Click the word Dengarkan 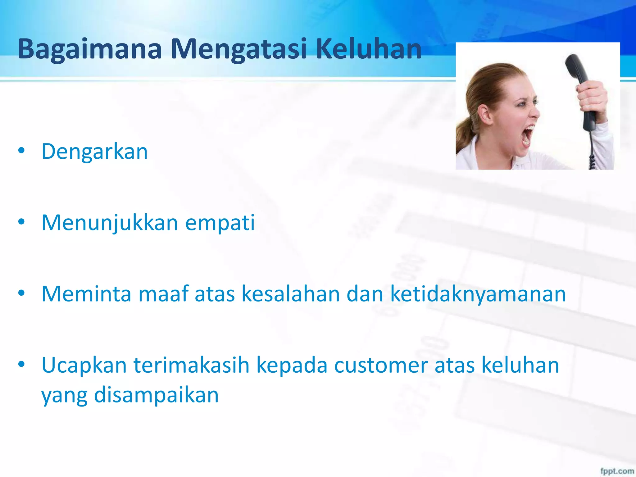tap(95, 152)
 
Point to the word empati tap(220, 223)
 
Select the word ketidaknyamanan tap(478, 294)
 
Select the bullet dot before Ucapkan tap(21, 364)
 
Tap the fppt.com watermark tap(617, 471)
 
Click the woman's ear tap(485, 114)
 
